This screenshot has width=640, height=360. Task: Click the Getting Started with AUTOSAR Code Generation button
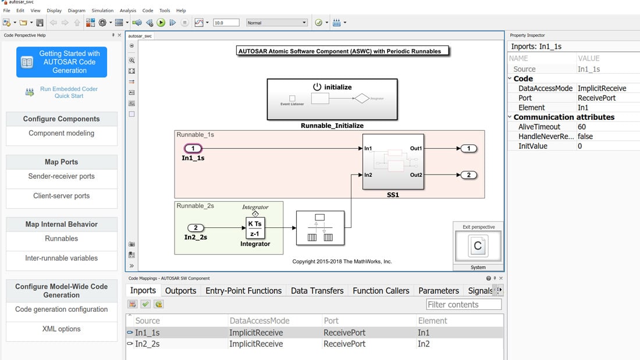point(62,62)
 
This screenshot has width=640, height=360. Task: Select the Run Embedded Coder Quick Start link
point(69,92)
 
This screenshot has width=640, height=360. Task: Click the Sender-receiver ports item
point(61,176)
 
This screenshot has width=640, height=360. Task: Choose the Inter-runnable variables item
point(61,258)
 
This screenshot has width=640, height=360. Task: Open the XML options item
point(61,329)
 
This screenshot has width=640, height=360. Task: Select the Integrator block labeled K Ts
point(255,229)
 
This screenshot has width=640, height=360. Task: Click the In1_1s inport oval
point(193,149)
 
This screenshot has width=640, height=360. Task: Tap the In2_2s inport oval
point(195,228)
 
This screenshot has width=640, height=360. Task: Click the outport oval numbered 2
point(468,175)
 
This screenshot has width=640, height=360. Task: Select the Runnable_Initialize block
point(332,99)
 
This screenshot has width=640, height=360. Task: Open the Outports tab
point(180,291)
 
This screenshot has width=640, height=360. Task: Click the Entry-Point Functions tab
point(243,291)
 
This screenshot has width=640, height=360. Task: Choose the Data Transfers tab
point(317,291)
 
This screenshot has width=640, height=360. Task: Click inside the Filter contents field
point(463,305)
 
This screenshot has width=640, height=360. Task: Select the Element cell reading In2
point(424,344)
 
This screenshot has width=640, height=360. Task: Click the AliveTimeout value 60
point(582,127)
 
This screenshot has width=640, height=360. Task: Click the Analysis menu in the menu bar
point(127,10)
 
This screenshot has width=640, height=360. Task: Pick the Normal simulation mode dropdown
point(276,23)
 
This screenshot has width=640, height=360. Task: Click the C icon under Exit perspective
point(478,246)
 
